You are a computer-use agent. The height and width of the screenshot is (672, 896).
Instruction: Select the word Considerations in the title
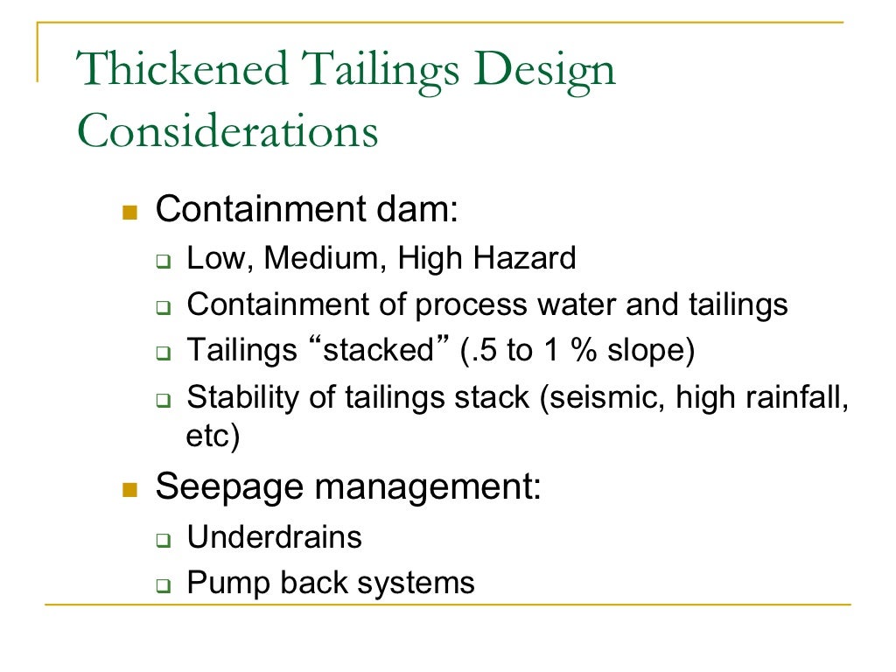(x=227, y=132)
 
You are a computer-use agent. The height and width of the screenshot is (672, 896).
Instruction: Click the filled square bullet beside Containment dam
(x=129, y=212)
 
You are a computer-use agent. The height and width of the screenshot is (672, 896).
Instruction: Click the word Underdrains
(x=275, y=537)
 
